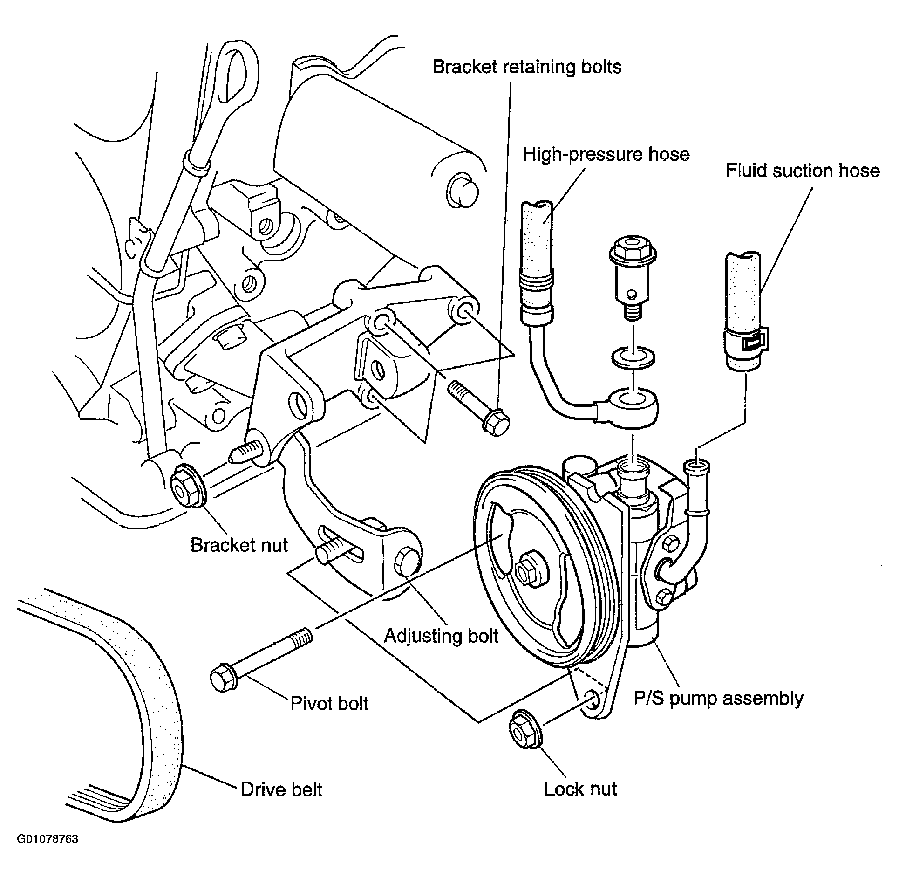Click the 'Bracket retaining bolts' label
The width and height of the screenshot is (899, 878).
click(x=527, y=67)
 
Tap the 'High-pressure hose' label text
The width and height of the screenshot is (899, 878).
click(x=606, y=154)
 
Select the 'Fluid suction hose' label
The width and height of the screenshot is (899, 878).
click(x=803, y=171)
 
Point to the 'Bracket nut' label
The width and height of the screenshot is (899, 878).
click(x=239, y=545)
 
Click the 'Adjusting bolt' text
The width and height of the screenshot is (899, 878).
click(x=441, y=636)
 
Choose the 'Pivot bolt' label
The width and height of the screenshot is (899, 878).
click(x=329, y=704)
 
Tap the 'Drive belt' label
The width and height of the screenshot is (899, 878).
click(x=281, y=790)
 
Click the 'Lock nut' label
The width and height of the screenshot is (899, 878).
click(x=580, y=789)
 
